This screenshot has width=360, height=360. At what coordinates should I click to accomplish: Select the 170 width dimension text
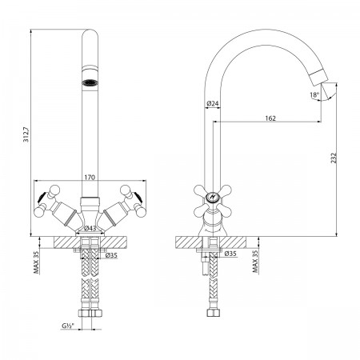90,177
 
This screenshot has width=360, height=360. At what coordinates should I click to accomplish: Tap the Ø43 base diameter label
90,228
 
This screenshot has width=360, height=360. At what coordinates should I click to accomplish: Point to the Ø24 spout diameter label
213,103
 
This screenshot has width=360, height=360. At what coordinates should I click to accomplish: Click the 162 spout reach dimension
270,118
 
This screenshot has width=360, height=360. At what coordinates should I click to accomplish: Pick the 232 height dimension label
334,158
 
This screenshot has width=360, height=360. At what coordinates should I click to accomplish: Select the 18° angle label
314,94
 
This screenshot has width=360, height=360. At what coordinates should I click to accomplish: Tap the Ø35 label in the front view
111,255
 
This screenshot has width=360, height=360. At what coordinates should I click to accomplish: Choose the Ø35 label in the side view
230,254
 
